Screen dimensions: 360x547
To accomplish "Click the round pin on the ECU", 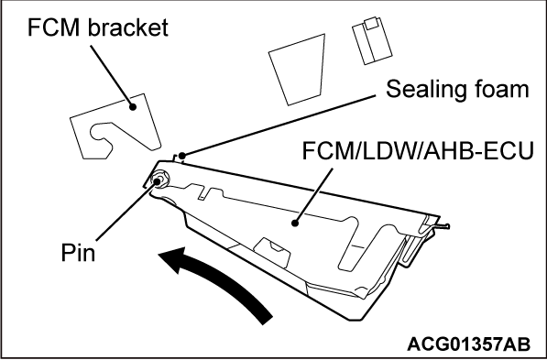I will (x=160, y=180).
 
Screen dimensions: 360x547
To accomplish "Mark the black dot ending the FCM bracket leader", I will (x=134, y=107).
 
